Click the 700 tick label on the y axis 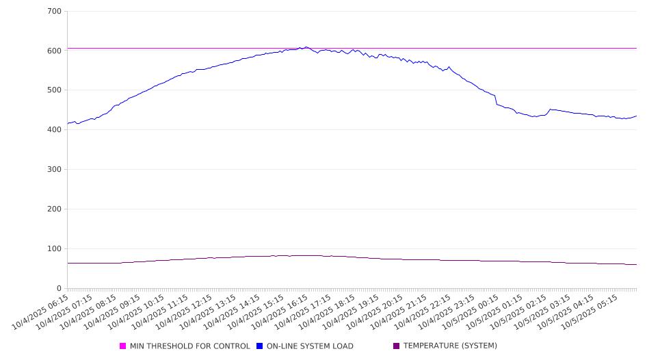[x=54, y=12]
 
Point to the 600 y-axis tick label [x=54, y=51]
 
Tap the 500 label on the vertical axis [x=54, y=90]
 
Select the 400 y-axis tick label [x=54, y=130]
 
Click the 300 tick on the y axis [x=54, y=170]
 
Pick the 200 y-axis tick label [x=54, y=209]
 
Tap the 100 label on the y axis [x=54, y=249]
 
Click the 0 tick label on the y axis [x=59, y=289]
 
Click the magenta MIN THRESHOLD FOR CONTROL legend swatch [x=123, y=346]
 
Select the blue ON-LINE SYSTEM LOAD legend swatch [x=260, y=346]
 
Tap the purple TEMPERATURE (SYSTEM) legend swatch [x=397, y=346]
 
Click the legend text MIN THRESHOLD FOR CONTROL [x=190, y=346]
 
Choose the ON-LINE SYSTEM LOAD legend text [x=310, y=346]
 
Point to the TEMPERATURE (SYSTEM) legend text [x=450, y=346]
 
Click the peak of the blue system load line [x=306, y=47]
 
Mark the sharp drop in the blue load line [x=496, y=100]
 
